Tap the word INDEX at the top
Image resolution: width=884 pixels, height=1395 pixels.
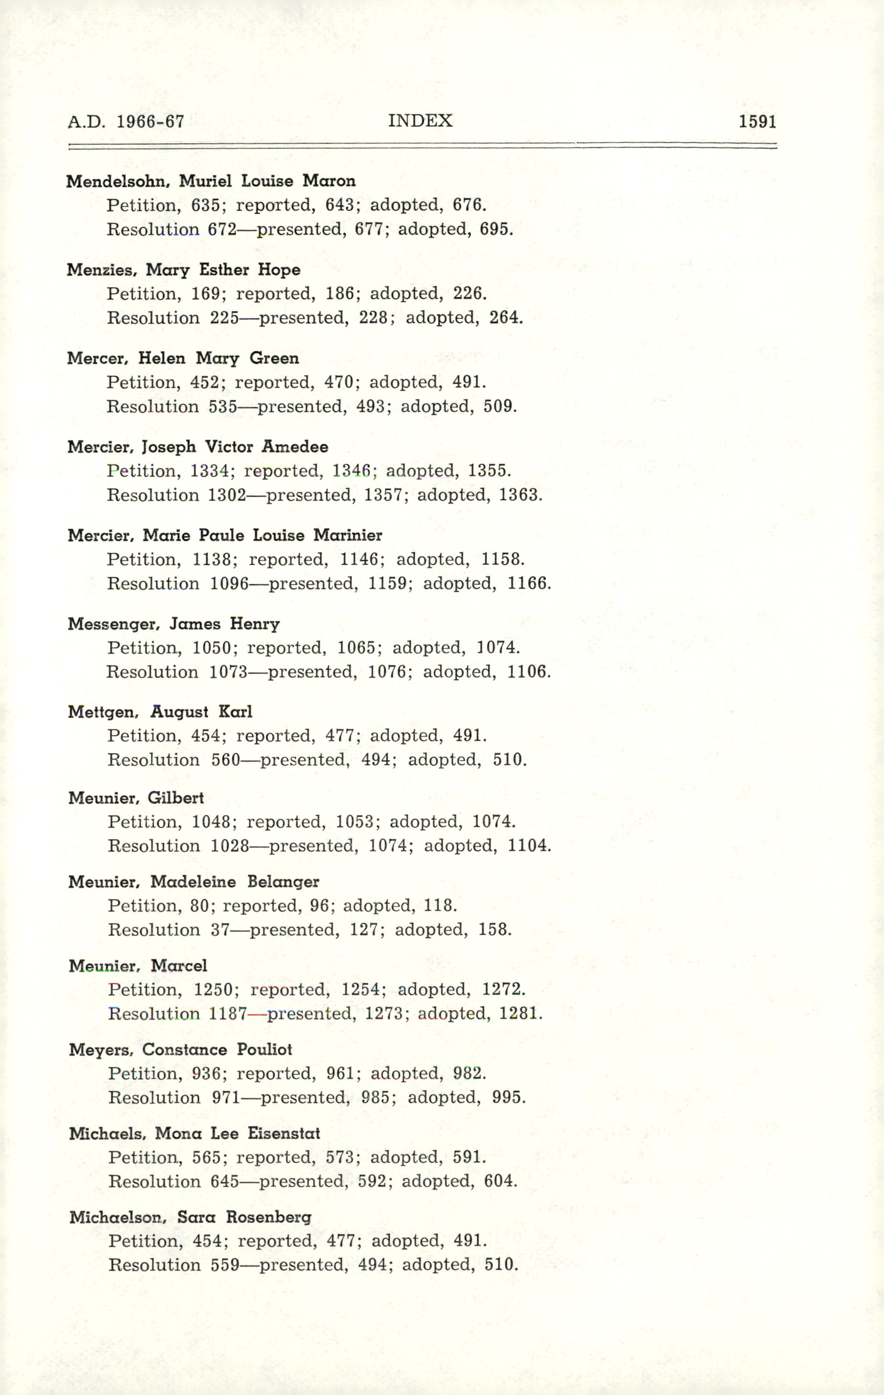(420, 120)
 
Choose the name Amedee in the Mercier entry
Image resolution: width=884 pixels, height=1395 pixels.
(295, 447)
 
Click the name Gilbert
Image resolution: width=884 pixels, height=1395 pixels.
(175, 798)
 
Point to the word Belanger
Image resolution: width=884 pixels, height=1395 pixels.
(283, 882)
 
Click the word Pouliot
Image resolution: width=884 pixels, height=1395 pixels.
(264, 1050)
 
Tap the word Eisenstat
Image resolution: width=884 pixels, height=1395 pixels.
(284, 1133)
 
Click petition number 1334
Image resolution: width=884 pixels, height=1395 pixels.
(210, 471)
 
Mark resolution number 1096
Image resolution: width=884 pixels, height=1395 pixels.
(229, 583)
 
